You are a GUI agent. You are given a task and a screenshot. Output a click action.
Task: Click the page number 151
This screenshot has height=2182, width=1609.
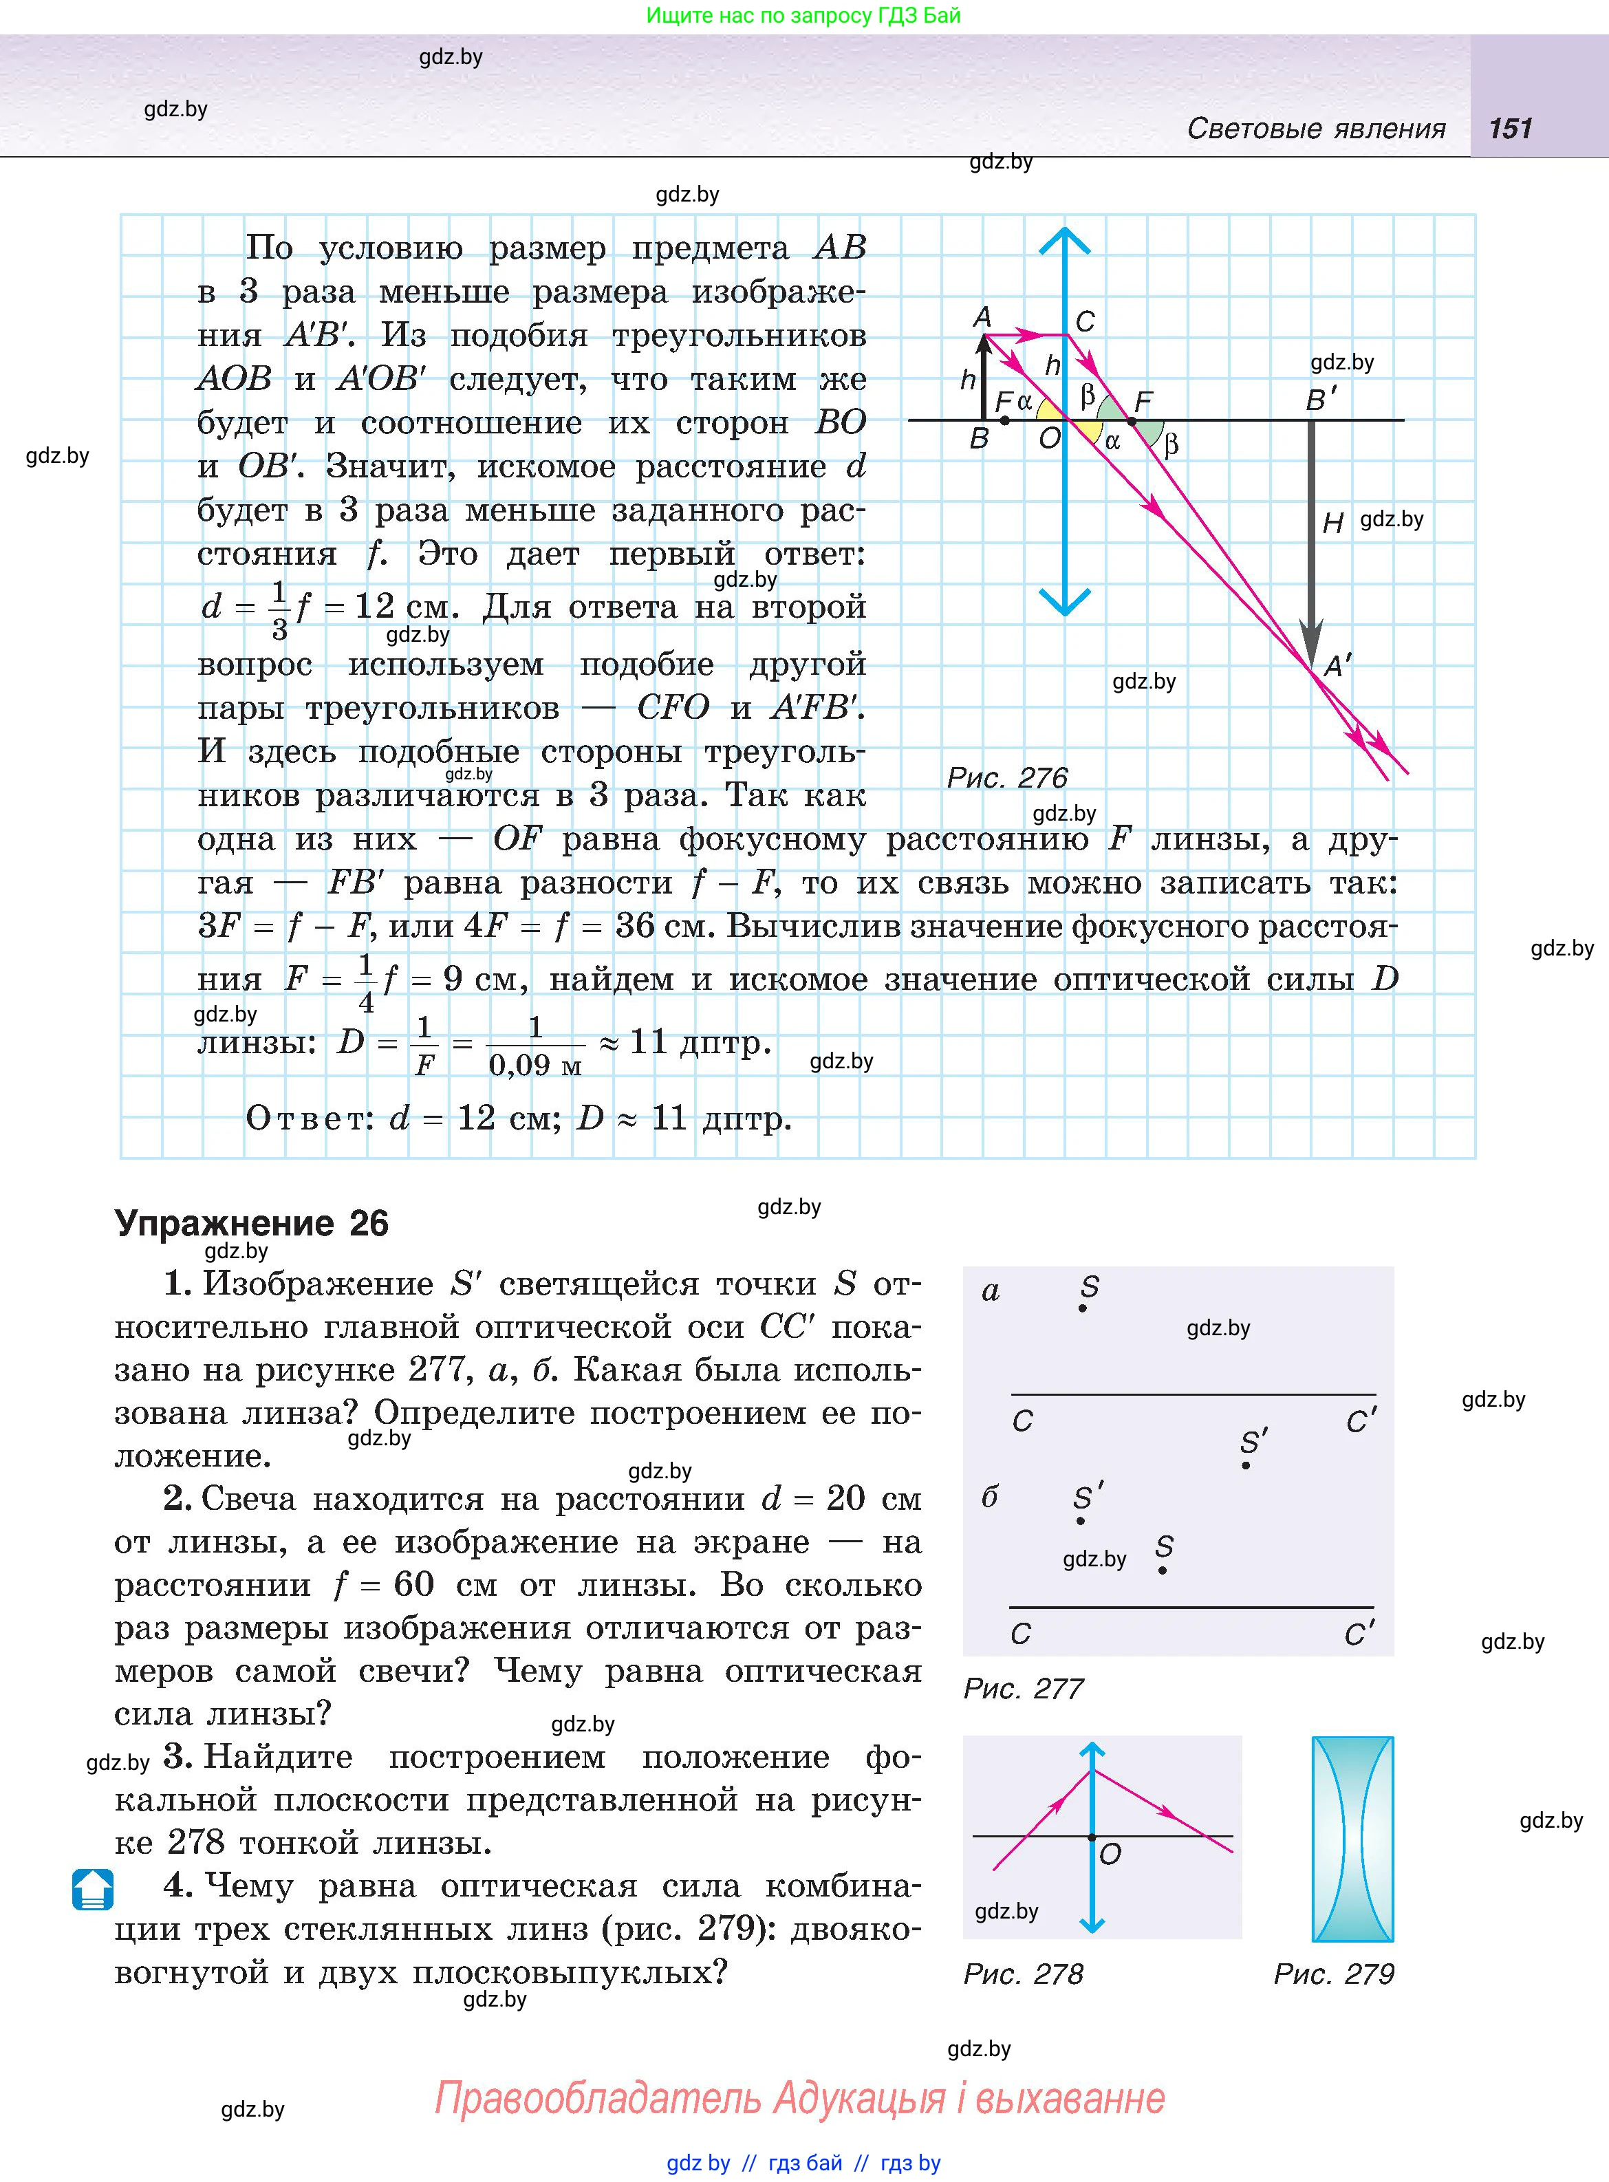pyautogui.click(x=1510, y=129)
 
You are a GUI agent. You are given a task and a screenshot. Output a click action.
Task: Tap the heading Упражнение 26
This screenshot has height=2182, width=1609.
pyautogui.click(x=251, y=1223)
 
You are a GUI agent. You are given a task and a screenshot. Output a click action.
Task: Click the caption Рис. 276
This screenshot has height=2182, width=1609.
pyautogui.click(x=1007, y=777)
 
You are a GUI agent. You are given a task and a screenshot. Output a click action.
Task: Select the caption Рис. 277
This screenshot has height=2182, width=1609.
pyautogui.click(x=1023, y=1688)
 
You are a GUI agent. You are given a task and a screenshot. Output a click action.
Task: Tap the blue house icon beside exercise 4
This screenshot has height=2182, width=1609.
pyautogui.click(x=93, y=1889)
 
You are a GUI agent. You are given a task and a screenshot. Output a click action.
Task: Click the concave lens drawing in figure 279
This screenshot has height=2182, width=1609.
pyautogui.click(x=1353, y=1838)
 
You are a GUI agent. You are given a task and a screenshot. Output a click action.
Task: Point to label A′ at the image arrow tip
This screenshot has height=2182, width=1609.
pyautogui.click(x=1338, y=666)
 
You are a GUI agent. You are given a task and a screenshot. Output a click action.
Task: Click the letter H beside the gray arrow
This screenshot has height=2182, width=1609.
pyautogui.click(x=1332, y=524)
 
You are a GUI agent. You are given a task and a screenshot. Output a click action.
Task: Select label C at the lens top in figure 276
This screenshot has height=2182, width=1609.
pyautogui.click(x=1085, y=321)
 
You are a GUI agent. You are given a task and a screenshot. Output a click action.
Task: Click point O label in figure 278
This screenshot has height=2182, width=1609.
pyautogui.click(x=1110, y=1855)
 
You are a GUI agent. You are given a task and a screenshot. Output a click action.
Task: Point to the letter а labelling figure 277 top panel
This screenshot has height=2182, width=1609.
pyautogui.click(x=991, y=1291)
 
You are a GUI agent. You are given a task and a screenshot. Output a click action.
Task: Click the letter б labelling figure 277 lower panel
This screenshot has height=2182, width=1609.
pyautogui.click(x=990, y=1497)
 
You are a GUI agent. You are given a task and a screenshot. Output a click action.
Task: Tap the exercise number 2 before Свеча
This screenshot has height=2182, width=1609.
pyautogui.click(x=176, y=1498)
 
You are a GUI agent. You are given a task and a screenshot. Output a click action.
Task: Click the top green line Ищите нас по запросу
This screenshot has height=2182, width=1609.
pyautogui.click(x=803, y=16)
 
